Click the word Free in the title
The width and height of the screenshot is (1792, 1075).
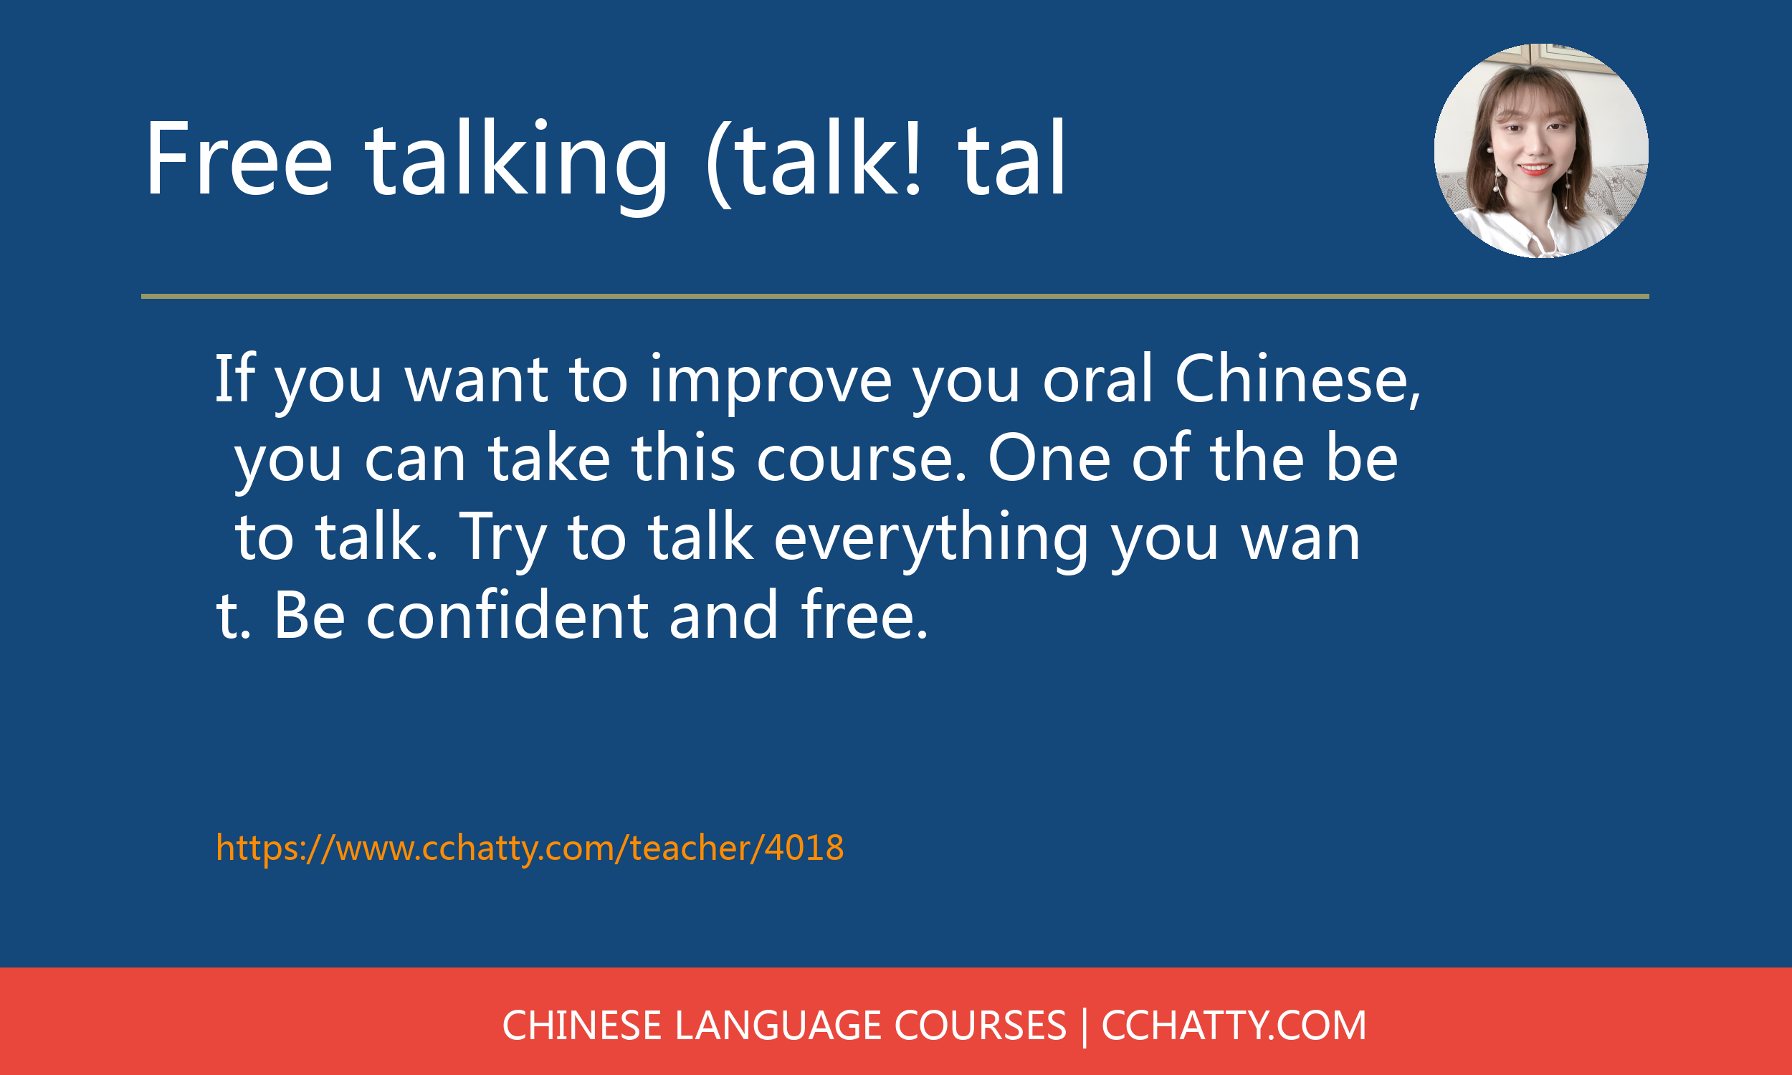(239, 158)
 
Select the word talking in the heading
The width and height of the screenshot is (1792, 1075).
(516, 165)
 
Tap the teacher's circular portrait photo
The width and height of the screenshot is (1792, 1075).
(1541, 150)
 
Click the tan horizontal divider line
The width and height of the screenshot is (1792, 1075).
(895, 296)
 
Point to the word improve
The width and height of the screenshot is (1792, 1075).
(771, 382)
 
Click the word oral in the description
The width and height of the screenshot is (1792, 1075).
(1097, 379)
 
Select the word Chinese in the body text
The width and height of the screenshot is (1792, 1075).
(1297, 381)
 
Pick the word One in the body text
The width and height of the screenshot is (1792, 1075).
(1049, 459)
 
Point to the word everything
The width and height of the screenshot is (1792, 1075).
(931, 540)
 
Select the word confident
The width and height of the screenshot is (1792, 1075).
(507, 615)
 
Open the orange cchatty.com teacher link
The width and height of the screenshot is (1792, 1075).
(530, 849)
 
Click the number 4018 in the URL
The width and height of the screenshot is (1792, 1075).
(805, 848)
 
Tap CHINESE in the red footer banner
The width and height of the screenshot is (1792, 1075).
(581, 1026)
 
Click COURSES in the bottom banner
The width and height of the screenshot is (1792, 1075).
(980, 1026)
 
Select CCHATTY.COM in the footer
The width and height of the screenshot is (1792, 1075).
(1234, 1026)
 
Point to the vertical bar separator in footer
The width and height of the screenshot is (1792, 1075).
(1084, 1027)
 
